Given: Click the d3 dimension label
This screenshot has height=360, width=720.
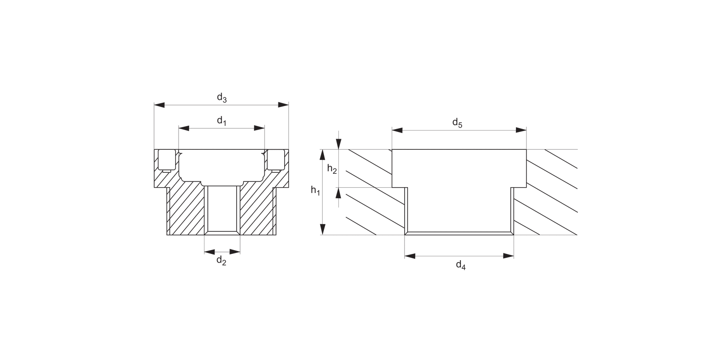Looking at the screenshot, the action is click(x=222, y=97).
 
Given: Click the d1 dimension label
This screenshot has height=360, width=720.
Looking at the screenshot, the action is click(x=222, y=121).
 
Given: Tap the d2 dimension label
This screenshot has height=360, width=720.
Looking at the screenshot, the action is click(x=221, y=260).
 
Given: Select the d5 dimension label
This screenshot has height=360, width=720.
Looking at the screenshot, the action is click(x=457, y=123).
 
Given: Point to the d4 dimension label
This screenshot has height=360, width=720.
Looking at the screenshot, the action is click(x=461, y=265).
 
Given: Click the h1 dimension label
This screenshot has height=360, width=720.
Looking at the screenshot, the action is click(x=315, y=191).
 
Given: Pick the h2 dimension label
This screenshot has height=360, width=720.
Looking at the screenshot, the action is click(x=332, y=169).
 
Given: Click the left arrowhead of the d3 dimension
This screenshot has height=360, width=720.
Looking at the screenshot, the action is click(x=159, y=105).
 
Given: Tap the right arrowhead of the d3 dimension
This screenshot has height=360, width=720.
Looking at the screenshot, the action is click(x=283, y=105).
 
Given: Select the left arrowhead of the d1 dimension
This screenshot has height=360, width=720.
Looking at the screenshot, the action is click(x=184, y=129).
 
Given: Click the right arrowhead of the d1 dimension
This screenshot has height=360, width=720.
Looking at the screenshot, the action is click(x=259, y=128).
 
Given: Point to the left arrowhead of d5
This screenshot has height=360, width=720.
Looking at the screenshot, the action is click(x=397, y=131).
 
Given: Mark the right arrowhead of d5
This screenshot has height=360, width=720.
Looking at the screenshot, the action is click(x=521, y=130).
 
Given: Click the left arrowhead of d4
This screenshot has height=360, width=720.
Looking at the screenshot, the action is click(x=410, y=256).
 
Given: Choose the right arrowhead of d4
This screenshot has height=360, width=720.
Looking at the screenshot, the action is click(x=508, y=256).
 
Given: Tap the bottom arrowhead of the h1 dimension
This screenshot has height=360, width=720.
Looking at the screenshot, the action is click(x=323, y=229).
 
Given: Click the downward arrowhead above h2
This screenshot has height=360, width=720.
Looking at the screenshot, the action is click(x=338, y=144).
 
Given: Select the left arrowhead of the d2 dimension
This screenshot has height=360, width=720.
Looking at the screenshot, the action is click(x=210, y=252).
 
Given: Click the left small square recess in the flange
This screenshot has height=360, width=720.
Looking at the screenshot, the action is click(x=167, y=160).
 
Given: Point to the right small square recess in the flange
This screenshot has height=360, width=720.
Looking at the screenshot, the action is click(x=276, y=160).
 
